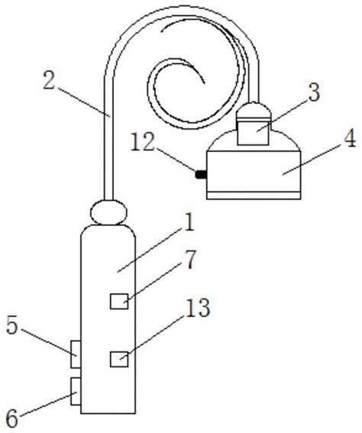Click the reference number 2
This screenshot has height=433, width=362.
pyautogui.click(x=49, y=80)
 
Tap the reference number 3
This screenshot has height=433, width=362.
pyautogui.click(x=314, y=92)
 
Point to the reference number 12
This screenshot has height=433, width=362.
pyautogui.click(x=143, y=142)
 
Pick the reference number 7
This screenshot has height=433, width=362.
pyautogui.click(x=189, y=260)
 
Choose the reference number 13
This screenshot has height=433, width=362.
pyautogui.click(x=198, y=307)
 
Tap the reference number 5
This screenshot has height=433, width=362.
pyautogui.click(x=12, y=325)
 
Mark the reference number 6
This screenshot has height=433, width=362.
pyautogui.click(x=12, y=418)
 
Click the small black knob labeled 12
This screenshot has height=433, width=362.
pyautogui.click(x=201, y=174)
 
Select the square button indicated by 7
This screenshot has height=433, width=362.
pyautogui.click(x=119, y=302)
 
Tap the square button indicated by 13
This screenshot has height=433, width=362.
pyautogui.click(x=119, y=359)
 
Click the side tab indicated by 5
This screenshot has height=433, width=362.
pyautogui.click(x=76, y=354)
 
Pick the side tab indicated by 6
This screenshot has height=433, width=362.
pyautogui.click(x=76, y=391)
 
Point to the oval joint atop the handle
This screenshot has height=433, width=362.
pyautogui.click(x=108, y=212)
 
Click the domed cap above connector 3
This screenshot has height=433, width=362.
pyautogui.click(x=254, y=111)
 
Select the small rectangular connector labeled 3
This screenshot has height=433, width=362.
pyautogui.click(x=253, y=131)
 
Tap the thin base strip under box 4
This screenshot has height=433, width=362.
pyautogui.click(x=254, y=195)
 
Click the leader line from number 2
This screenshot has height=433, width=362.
pyautogui.click(x=84, y=102)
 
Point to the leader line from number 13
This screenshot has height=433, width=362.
pyautogui.click(x=151, y=338)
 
